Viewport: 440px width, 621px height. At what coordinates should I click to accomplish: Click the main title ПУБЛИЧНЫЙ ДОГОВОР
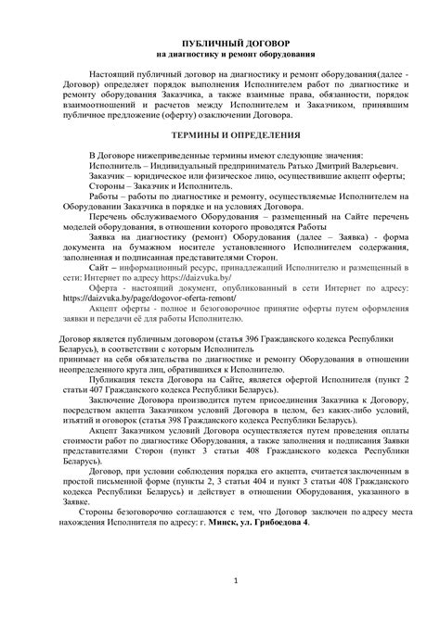tap(220, 44)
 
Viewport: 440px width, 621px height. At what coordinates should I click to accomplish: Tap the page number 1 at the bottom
tap(238, 581)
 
